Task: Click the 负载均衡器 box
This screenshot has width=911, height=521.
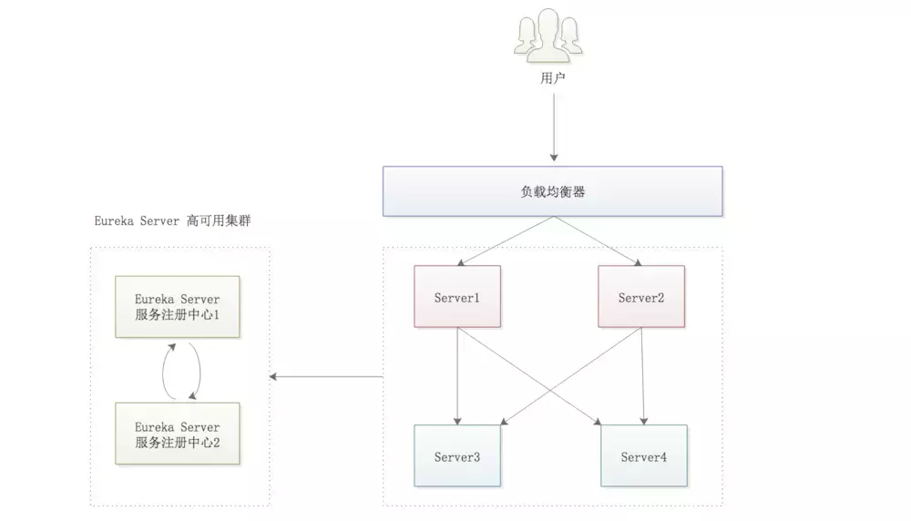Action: (552, 191)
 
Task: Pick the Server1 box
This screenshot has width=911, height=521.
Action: (457, 297)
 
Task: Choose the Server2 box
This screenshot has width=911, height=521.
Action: (642, 297)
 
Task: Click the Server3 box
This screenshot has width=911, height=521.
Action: (457, 455)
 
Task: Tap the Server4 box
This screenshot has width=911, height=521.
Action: (644, 455)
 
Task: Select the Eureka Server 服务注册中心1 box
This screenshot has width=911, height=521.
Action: (177, 306)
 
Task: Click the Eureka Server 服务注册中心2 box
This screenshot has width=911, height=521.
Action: (177, 434)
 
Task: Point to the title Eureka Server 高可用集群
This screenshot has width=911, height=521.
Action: (172, 221)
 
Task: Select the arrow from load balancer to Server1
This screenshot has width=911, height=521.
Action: (502, 241)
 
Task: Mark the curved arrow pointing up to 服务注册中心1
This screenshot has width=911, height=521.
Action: (165, 370)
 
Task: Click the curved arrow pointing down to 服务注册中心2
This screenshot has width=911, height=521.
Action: (198, 370)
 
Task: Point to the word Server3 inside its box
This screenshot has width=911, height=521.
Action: (457, 456)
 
